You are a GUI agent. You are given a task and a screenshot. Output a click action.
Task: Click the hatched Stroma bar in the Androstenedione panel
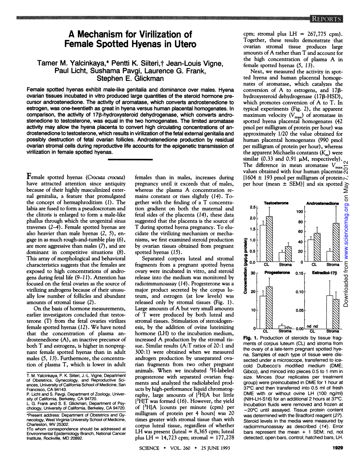(336, 242)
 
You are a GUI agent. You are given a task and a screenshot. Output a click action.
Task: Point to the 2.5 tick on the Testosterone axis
(252, 207)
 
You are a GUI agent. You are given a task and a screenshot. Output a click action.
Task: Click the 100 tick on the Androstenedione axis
(300, 212)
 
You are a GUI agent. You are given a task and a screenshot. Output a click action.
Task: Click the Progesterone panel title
(277, 273)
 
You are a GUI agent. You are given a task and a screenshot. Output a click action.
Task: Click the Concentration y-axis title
(246, 265)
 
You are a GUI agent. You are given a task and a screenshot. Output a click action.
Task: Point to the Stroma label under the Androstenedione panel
(333, 265)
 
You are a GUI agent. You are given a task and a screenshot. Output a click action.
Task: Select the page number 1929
(338, 448)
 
